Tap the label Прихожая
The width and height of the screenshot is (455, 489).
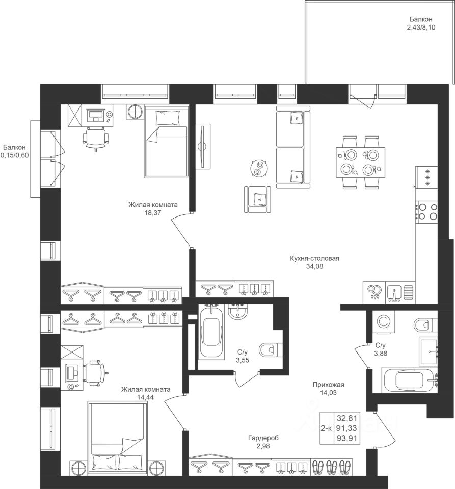[329, 385]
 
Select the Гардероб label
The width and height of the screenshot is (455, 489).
[263, 438]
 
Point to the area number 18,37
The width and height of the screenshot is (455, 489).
[153, 213]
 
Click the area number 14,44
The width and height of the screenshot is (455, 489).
[146, 398]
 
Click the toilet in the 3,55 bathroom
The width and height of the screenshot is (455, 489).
[270, 349]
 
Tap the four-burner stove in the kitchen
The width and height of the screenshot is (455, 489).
[427, 211]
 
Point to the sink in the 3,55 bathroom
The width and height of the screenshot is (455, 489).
[238, 310]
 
